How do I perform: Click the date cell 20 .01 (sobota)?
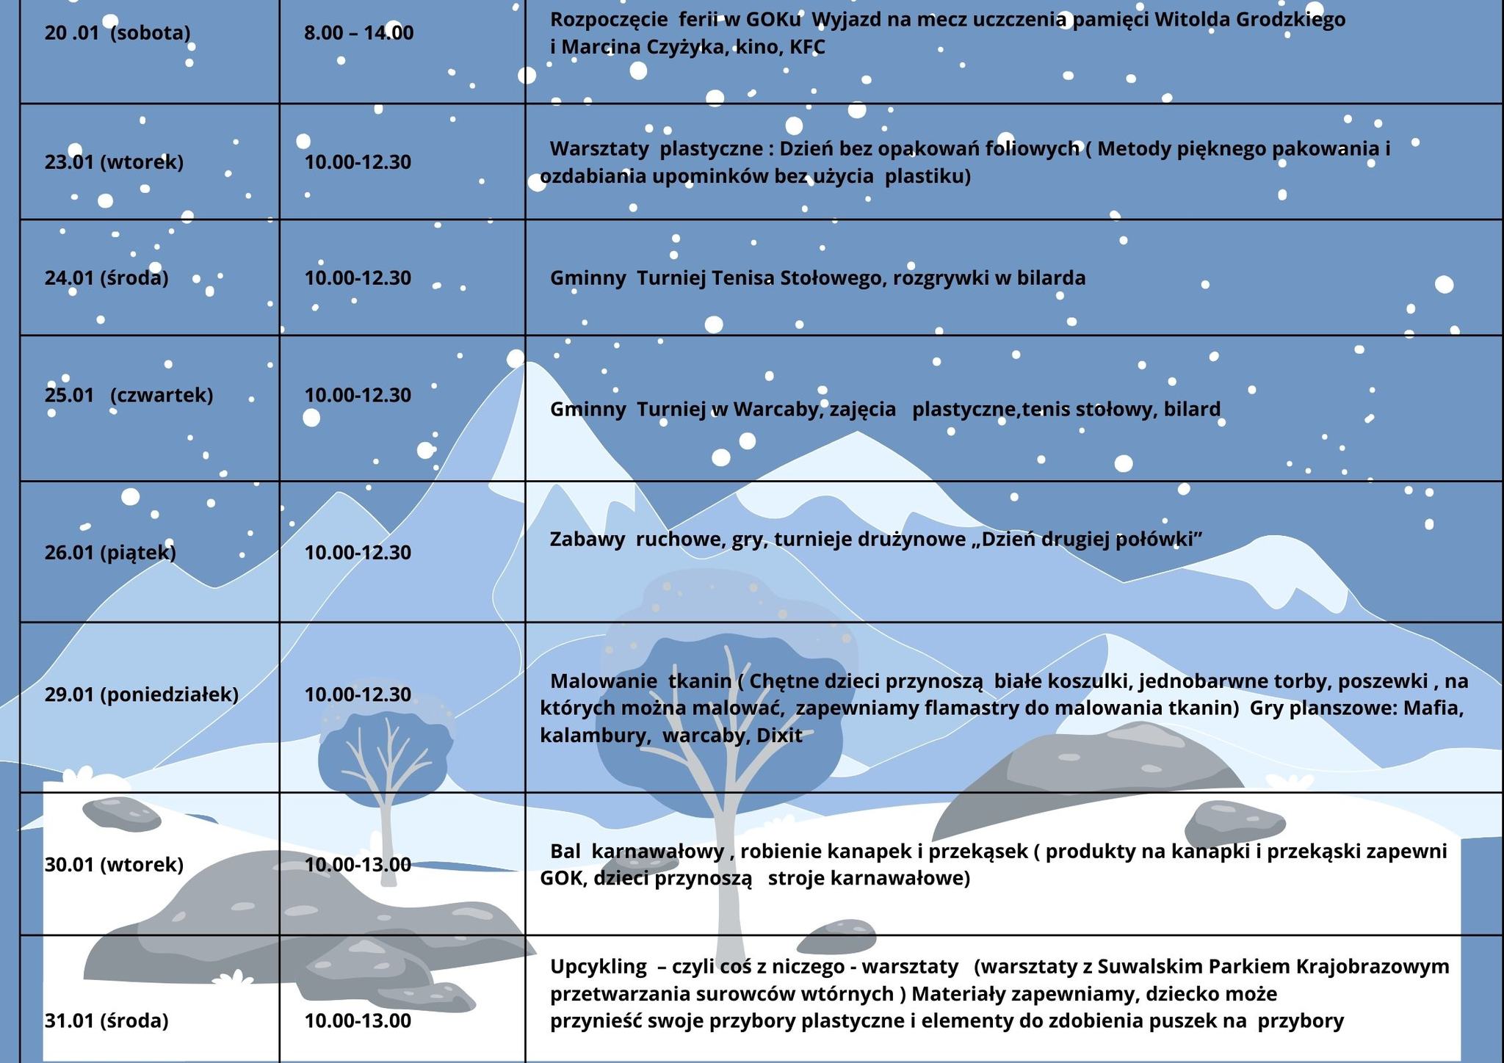tap(117, 33)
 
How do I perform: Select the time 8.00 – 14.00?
tap(358, 33)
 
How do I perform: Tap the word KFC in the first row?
tap(807, 48)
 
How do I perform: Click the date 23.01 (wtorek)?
tap(114, 162)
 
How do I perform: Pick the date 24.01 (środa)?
tap(106, 278)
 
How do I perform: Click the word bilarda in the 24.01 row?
tap(1051, 278)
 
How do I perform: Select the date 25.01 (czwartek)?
tap(129, 395)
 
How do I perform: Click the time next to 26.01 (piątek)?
tap(358, 553)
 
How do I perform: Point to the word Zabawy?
tap(587, 540)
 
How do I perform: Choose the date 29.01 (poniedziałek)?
tap(142, 694)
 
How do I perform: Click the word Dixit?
tap(779, 736)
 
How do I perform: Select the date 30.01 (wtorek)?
tap(114, 865)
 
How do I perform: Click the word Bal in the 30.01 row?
tap(565, 852)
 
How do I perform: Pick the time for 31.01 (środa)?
tap(358, 1021)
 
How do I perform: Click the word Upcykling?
tap(599, 967)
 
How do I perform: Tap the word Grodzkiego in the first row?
tap(1292, 20)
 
